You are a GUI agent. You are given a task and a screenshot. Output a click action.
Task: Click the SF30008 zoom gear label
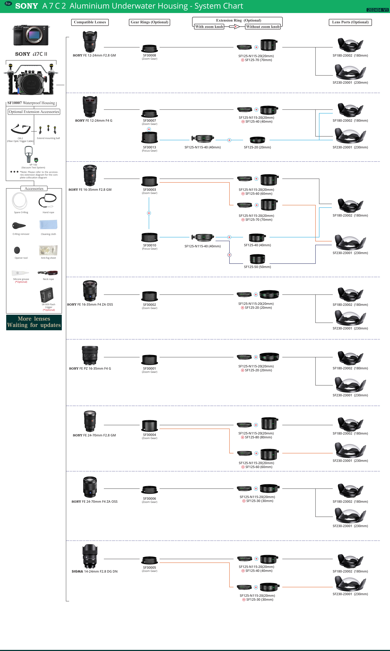coord(150,55)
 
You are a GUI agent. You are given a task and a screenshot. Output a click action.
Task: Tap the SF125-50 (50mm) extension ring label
coord(257,267)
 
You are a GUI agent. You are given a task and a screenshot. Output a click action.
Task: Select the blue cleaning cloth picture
coord(48,225)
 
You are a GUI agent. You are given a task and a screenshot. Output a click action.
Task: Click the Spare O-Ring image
coord(19,201)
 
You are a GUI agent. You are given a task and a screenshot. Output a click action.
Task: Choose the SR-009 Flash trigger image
coord(47,295)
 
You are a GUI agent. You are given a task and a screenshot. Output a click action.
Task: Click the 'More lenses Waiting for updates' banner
coord(34,322)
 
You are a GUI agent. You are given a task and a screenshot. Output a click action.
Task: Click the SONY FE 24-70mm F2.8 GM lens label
coord(94,435)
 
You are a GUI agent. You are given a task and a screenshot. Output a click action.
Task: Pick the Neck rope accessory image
coord(48,273)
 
